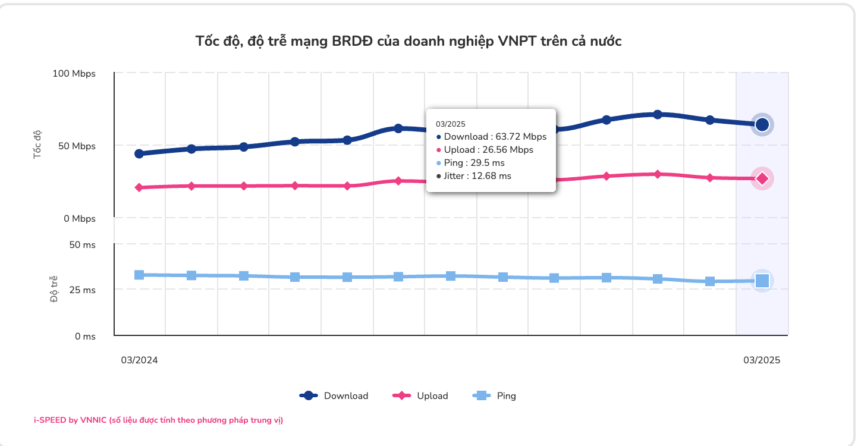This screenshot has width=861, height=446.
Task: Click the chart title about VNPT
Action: pyautogui.click(x=408, y=41)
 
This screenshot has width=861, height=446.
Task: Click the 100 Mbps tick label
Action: pyautogui.click(x=74, y=74)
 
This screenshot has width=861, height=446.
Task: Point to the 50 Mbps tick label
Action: pyautogui.click(x=76, y=146)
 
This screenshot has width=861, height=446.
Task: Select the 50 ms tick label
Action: pyautogui.click(x=82, y=244)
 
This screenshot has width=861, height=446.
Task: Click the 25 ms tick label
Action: pyautogui.click(x=82, y=290)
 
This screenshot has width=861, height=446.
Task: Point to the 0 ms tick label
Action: pyautogui.click(x=85, y=337)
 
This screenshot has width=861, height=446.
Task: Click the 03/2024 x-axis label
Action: pyautogui.click(x=140, y=360)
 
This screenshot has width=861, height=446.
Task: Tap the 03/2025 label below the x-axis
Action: pyautogui.click(x=762, y=360)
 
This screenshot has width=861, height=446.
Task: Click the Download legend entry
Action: pyautogui.click(x=334, y=395)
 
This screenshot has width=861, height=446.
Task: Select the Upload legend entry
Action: pyautogui.click(x=421, y=395)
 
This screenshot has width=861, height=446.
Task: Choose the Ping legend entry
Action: pyautogui.click(x=494, y=395)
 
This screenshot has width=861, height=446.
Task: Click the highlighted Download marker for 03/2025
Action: pyautogui.click(x=762, y=124)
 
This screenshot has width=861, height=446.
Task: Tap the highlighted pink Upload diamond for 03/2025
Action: pyautogui.click(x=762, y=178)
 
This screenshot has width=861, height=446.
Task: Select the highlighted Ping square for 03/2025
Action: pyautogui.click(x=762, y=281)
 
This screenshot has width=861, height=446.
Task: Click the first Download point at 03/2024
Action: pyautogui.click(x=139, y=153)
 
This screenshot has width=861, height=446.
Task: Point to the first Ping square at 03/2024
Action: pyautogui.click(x=139, y=275)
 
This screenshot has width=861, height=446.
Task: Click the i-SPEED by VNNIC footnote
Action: pyautogui.click(x=158, y=420)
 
